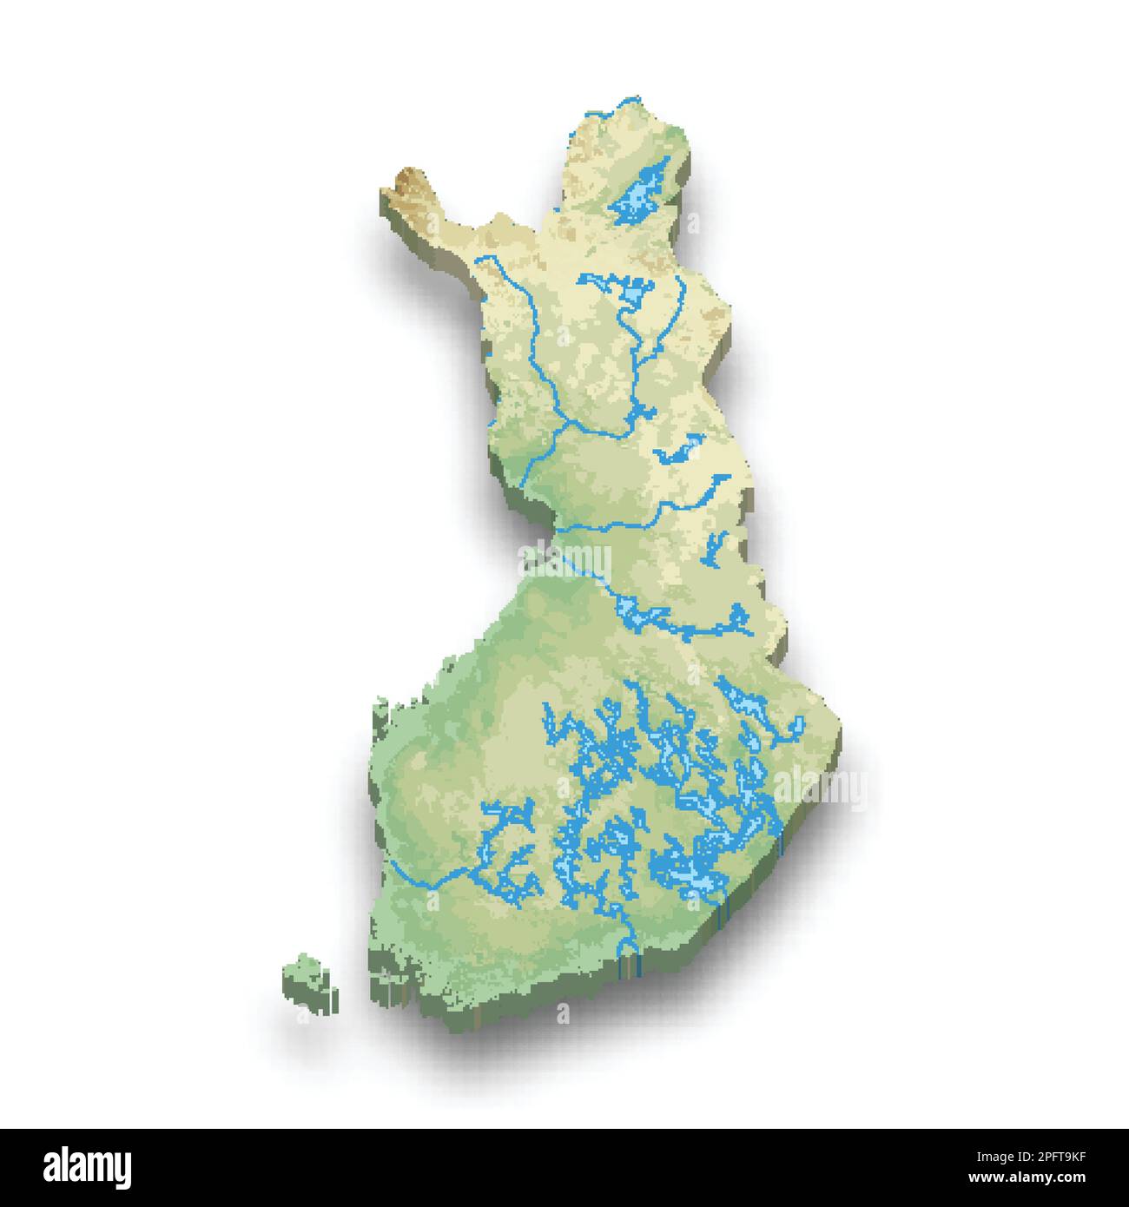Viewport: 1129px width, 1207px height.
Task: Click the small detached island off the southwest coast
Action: coord(308,982)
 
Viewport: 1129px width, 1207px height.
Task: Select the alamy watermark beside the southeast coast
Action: coord(820,788)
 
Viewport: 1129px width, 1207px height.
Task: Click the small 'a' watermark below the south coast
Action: coord(562,1012)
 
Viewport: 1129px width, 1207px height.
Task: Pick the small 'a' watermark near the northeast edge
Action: coord(692,224)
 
